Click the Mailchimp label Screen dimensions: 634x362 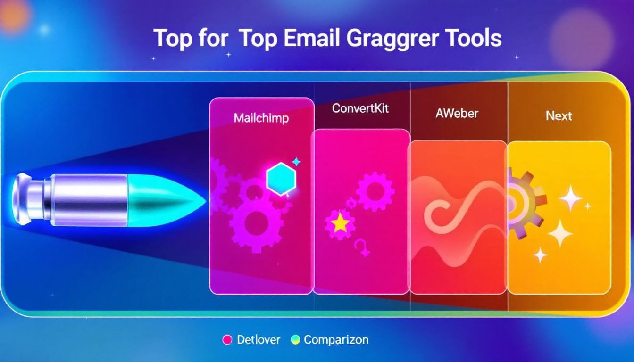[x=261, y=118]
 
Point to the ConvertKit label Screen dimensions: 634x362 [x=360, y=108]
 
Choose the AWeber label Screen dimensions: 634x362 [x=457, y=114]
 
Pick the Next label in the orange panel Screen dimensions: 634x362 [x=559, y=116]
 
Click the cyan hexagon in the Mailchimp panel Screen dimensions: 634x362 [x=281, y=179]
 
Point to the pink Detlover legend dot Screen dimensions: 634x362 [x=227, y=340]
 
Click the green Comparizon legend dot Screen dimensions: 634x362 [x=295, y=340]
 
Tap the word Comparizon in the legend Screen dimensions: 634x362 [x=336, y=340]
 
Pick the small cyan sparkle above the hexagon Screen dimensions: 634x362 [x=296, y=162]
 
